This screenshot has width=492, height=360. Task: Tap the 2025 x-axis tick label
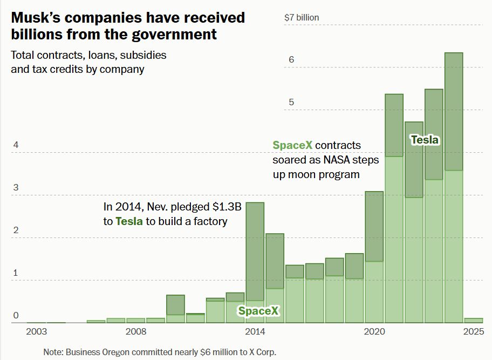point(473,331)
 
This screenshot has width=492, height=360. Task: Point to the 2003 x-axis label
point(37,331)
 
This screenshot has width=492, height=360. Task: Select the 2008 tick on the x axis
point(136,331)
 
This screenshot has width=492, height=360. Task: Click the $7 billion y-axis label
point(302,17)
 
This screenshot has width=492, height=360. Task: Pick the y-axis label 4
point(16,145)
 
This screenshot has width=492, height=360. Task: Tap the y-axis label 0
point(16,315)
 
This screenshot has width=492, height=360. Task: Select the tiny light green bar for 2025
point(473,320)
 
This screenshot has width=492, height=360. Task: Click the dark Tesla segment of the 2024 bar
point(453,111)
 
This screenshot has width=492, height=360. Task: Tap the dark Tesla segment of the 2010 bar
point(175,304)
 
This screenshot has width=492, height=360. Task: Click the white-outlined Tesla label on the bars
point(425,140)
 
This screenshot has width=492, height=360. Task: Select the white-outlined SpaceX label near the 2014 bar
point(258,311)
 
